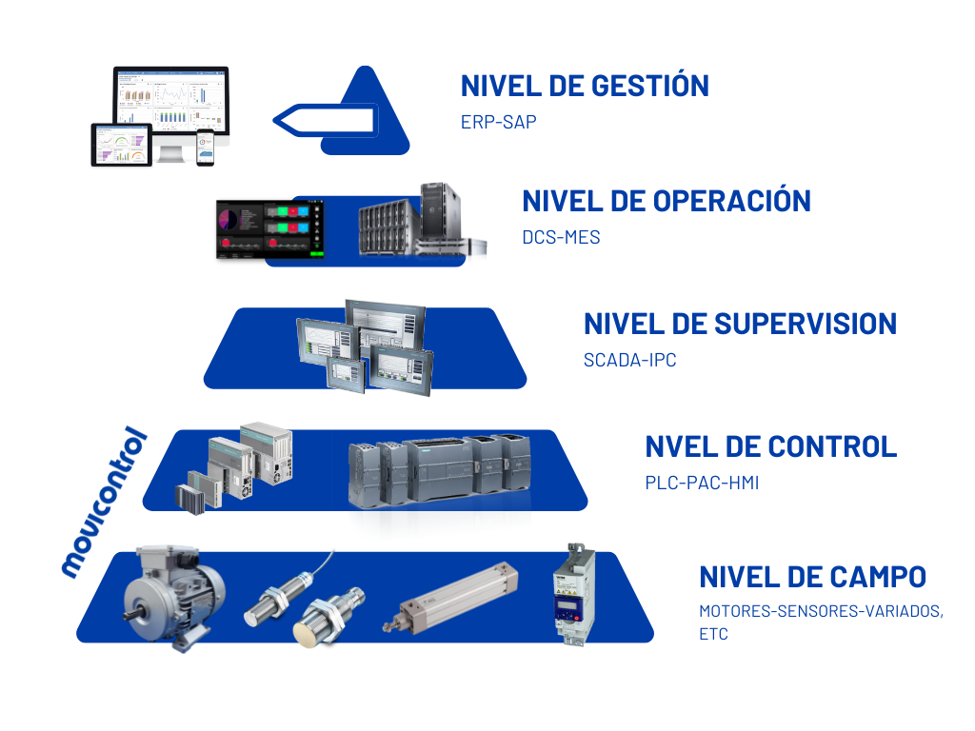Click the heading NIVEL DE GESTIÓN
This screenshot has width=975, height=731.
[x=585, y=86]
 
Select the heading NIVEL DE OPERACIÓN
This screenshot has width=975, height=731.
[x=667, y=201]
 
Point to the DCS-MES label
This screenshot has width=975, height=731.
[x=561, y=237]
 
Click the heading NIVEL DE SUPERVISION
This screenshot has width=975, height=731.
[x=740, y=324]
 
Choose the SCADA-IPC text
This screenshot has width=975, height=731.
[x=629, y=361]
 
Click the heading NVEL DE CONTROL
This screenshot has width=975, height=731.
[x=770, y=445]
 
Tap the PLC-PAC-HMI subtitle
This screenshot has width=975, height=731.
[x=702, y=483]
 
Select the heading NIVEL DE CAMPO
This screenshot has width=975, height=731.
[x=812, y=577]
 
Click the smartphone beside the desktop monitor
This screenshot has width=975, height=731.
[x=206, y=148]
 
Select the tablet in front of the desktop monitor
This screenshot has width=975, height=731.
[x=122, y=145]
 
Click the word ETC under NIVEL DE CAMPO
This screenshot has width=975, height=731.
[x=713, y=634]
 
